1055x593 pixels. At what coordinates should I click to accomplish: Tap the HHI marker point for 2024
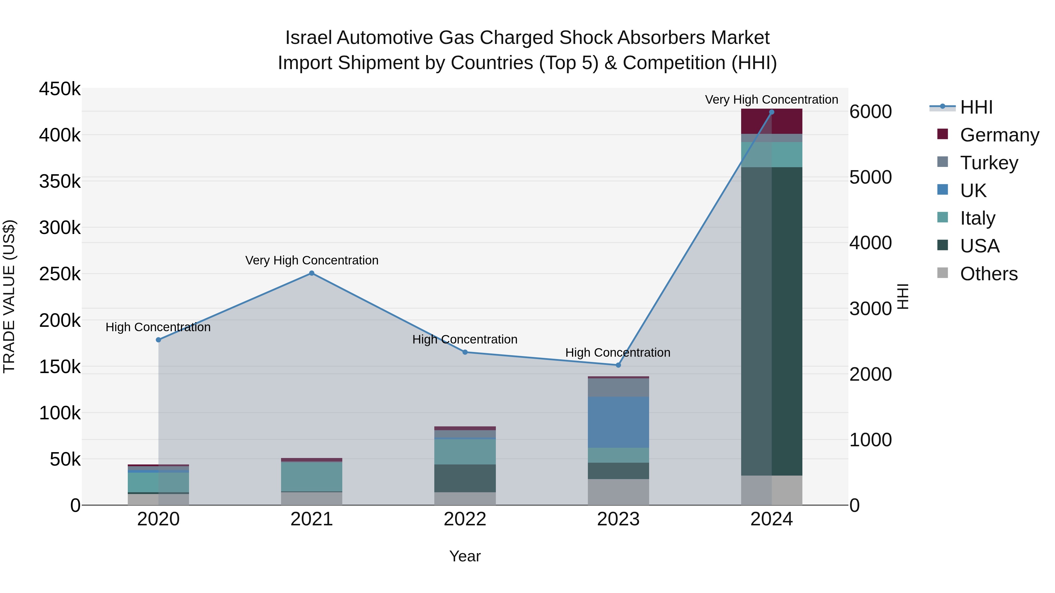tap(772, 112)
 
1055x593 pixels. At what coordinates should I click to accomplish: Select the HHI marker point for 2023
tap(618, 365)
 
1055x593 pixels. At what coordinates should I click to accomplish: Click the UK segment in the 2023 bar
tap(618, 422)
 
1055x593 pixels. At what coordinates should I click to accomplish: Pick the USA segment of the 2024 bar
tap(772, 321)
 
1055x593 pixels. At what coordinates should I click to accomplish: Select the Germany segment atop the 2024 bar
tap(772, 121)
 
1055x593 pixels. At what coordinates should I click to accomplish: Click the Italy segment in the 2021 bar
tap(312, 476)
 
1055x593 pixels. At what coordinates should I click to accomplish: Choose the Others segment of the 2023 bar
tap(618, 492)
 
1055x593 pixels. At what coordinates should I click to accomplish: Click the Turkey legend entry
tap(989, 163)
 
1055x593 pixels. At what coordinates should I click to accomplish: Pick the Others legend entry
tap(989, 274)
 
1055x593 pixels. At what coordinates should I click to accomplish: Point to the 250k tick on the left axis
tap(60, 274)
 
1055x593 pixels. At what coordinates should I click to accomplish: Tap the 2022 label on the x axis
tap(465, 519)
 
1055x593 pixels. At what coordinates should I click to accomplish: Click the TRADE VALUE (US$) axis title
tap(9, 296)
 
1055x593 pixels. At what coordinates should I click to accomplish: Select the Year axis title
tap(465, 556)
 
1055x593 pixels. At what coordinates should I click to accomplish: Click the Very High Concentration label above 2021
tap(312, 260)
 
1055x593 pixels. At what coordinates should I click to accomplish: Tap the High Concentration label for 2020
tap(158, 327)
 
